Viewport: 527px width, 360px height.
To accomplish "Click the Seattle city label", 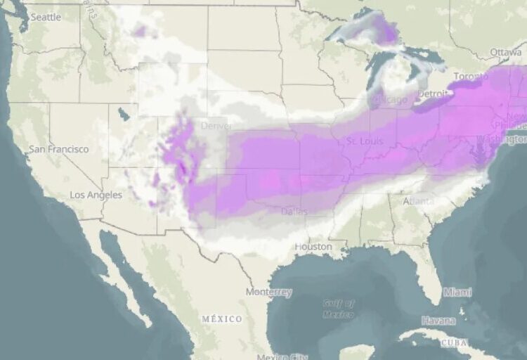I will (x=46, y=17).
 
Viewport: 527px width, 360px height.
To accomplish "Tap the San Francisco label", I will (x=59, y=149).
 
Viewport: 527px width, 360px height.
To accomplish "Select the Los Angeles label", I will (x=96, y=195).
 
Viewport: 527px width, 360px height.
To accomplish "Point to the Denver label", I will (x=216, y=127).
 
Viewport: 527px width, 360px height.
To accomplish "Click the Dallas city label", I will (x=294, y=211).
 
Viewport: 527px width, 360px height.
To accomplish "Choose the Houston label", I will (x=313, y=247).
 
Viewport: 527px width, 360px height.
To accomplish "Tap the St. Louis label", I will (x=364, y=141).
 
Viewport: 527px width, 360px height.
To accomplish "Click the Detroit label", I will (x=433, y=94).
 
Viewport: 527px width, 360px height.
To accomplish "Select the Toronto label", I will (x=471, y=76).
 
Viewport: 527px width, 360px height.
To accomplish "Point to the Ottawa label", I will (x=505, y=53).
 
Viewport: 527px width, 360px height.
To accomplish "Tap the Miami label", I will (x=457, y=291).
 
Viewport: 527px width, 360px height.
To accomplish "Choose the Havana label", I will (x=438, y=321).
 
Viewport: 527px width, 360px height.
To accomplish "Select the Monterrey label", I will (x=269, y=291).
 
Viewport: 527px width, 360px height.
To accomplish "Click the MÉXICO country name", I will (x=222, y=319).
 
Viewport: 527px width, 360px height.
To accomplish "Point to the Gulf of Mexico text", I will (x=338, y=308).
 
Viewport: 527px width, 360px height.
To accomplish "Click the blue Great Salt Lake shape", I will (x=124, y=113).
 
